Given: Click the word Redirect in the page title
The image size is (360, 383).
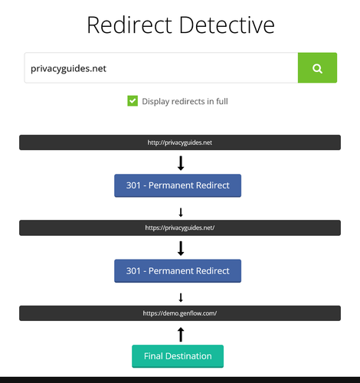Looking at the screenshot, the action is tap(129, 25).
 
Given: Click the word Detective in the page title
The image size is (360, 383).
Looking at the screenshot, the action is tap(227, 25).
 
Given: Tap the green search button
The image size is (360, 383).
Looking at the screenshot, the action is tap(317, 67).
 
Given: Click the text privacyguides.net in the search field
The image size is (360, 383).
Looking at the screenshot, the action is tap(68, 68).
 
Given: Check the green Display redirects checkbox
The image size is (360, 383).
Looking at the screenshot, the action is tap(133, 101).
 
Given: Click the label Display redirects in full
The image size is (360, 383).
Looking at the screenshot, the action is tap(185, 101).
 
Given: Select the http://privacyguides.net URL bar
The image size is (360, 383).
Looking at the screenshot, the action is tap(180, 142).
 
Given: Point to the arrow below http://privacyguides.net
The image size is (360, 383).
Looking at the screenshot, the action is tap(181, 163).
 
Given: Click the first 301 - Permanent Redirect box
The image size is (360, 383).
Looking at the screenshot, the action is tap(178, 185).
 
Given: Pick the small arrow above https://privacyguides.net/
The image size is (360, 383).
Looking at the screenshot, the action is tap(181, 212).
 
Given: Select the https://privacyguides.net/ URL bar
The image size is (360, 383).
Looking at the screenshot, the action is tap(180, 228).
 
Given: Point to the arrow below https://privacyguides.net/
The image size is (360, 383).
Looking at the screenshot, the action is tap(181, 248).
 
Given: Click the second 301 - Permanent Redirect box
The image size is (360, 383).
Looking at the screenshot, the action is tap(178, 271).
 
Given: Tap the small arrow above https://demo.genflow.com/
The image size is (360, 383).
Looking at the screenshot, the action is tap(181, 297).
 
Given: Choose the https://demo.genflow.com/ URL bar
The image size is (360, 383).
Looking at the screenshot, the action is tap(180, 313).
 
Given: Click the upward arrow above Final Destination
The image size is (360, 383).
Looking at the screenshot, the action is tap(181, 335).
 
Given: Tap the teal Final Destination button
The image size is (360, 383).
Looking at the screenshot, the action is tap(178, 356).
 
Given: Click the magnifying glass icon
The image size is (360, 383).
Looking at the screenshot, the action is tap(317, 68).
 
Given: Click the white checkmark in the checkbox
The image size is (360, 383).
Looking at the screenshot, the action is tap(133, 101).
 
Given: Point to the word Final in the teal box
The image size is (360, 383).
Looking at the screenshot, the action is tap(153, 356).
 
